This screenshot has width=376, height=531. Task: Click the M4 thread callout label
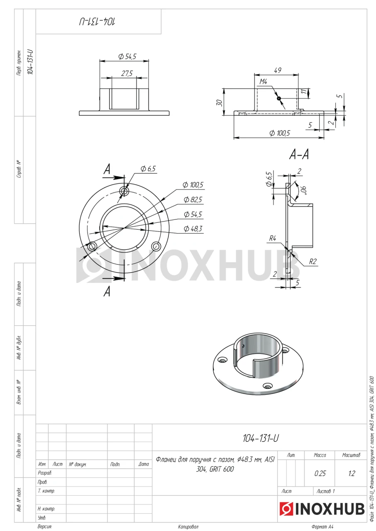263,82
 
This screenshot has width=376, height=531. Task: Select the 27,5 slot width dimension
127,73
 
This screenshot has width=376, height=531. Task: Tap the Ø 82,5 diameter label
193,200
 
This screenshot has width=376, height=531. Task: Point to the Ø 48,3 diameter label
193,229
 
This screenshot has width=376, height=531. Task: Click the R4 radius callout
273,238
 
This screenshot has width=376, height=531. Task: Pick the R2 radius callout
313,261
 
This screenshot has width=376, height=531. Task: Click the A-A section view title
299,155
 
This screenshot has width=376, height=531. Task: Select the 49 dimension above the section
277,70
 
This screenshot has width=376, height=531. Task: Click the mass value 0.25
320,473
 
